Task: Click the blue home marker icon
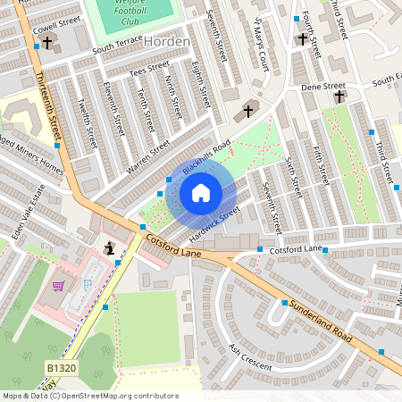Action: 201,192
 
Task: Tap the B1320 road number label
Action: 59,367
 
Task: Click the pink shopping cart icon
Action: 59,286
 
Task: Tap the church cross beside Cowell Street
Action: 46,43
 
